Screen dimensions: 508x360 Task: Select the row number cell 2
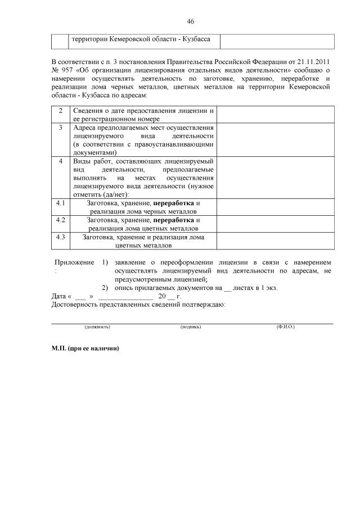coord(61,110)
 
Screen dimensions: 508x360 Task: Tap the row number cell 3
coord(61,128)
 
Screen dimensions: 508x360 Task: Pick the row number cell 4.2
coord(61,220)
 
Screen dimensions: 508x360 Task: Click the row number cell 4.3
coord(61,237)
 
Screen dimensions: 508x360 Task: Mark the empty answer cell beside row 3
coord(275,140)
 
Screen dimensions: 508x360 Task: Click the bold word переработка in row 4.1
coord(174,202)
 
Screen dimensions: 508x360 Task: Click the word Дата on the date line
coord(58,296)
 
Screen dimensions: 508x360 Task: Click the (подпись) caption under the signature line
coord(191,326)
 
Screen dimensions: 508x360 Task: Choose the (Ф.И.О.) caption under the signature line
coord(286,326)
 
